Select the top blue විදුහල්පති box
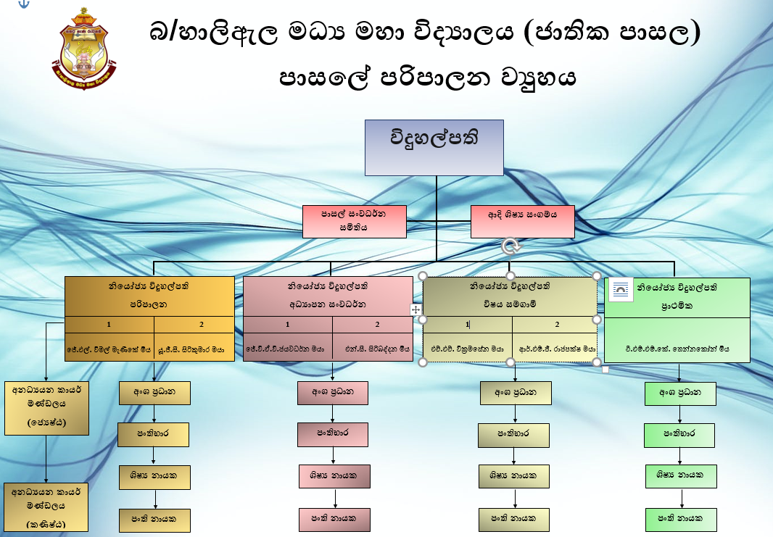[434, 147]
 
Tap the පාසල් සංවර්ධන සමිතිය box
[354, 220]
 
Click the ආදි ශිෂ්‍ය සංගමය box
[522, 221]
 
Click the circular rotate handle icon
[511, 246]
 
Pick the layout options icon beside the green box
[621, 291]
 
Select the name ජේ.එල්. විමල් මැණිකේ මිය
[108, 349]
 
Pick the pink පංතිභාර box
[333, 434]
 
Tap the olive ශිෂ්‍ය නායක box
[513, 476]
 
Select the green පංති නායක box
[680, 519]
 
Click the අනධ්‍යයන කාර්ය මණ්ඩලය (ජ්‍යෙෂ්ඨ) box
[46, 407]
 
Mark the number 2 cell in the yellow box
[202, 325]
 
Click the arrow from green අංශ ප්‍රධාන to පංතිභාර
[680, 415]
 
